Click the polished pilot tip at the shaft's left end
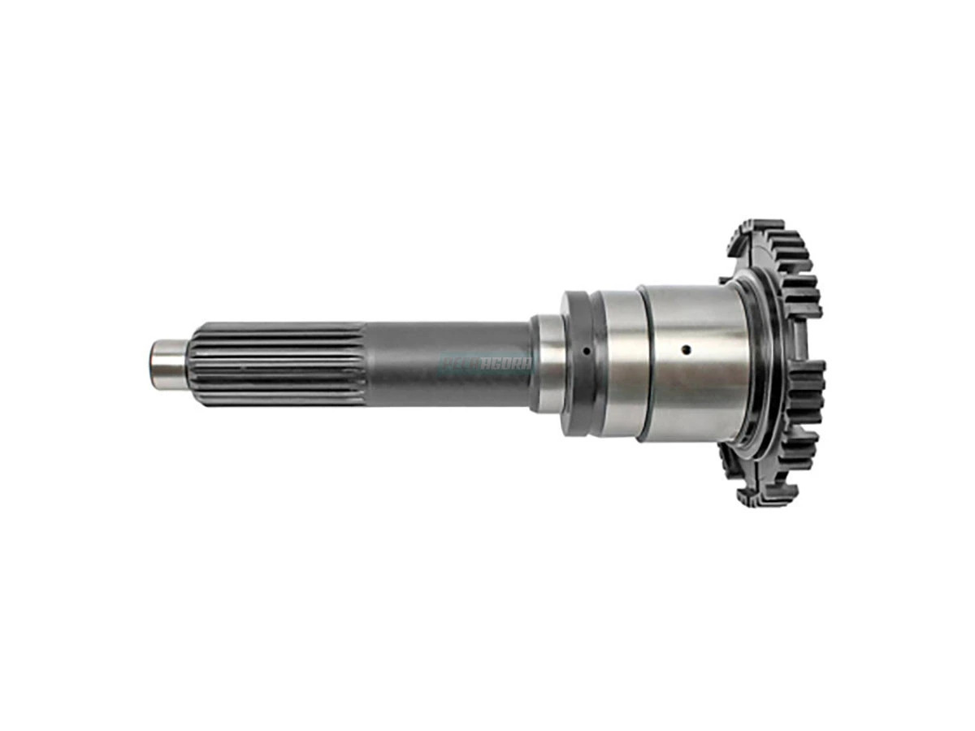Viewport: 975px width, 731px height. coord(167,364)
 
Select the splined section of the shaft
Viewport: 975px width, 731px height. coord(276,364)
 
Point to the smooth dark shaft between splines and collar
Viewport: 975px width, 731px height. coord(447,364)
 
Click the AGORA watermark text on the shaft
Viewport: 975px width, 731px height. coord(487,362)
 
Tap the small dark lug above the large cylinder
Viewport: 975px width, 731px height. coord(726,280)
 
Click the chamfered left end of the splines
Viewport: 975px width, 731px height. coord(193,364)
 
